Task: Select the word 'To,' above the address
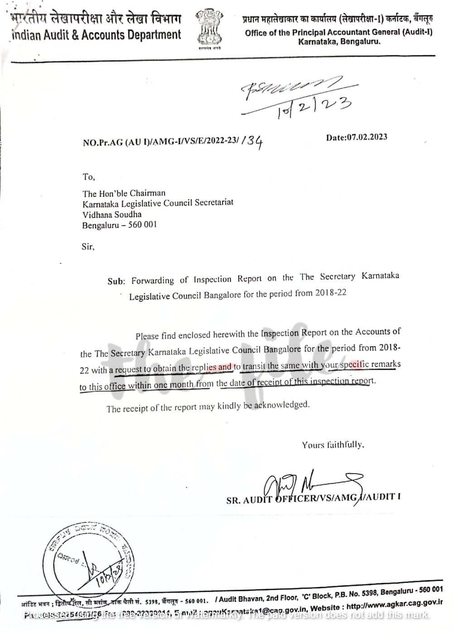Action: [x=89, y=177]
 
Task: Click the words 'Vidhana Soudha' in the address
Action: [x=112, y=215]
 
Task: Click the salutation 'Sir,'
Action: [x=88, y=247]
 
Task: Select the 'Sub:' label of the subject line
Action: [x=116, y=281]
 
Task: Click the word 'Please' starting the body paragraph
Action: [x=147, y=336]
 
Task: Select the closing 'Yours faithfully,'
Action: [x=333, y=445]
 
